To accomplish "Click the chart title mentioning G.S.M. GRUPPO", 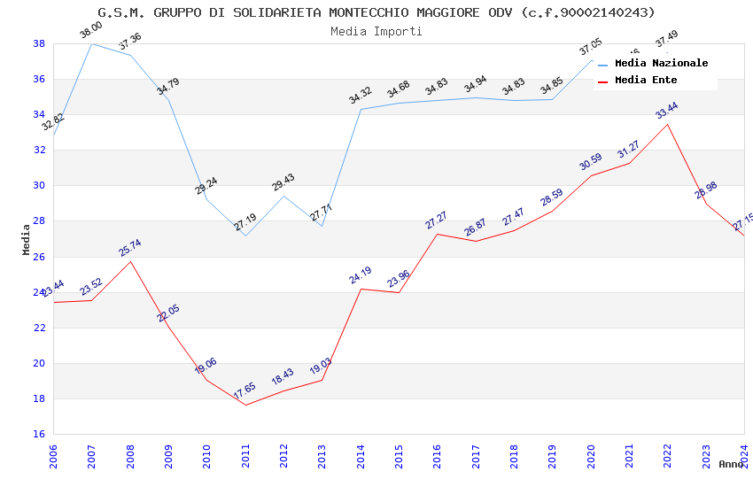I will pyautogui.click(x=376, y=12).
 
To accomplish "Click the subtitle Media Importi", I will pyautogui.click(x=376, y=31).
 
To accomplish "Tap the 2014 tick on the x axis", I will pyautogui.click(x=361, y=456).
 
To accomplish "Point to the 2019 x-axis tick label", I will pyautogui.click(x=552, y=456).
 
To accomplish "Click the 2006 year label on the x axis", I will pyautogui.click(x=53, y=456).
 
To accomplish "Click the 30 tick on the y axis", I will pyautogui.click(x=39, y=186).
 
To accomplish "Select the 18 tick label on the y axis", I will pyautogui.click(x=39, y=398).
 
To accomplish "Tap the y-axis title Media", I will pyautogui.click(x=26, y=239).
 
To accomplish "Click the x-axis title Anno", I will pyautogui.click(x=731, y=464).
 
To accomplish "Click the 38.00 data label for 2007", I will pyautogui.click(x=90, y=31).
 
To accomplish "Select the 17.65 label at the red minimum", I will pyautogui.click(x=245, y=390).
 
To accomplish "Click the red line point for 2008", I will pyautogui.click(x=130, y=261).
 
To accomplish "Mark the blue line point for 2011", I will pyautogui.click(x=245, y=236).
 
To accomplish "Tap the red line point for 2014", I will pyautogui.click(x=361, y=289).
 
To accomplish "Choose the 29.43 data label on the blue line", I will pyautogui.click(x=283, y=183).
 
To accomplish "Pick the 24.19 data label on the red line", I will pyautogui.click(x=360, y=275).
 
